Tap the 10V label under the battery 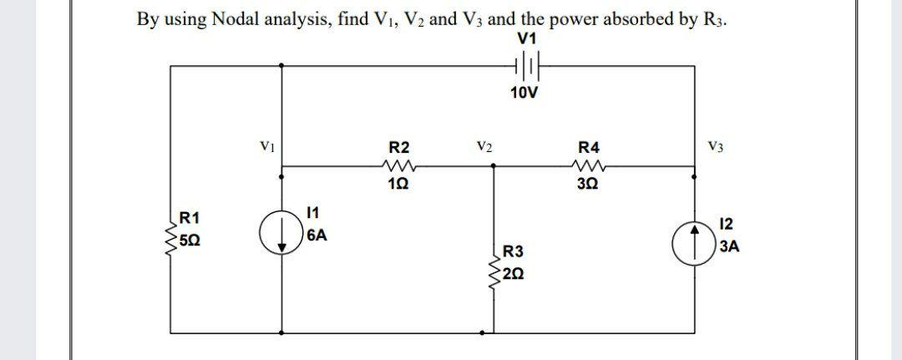[524, 91]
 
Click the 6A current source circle [279, 230]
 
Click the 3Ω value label [588, 185]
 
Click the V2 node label [484, 145]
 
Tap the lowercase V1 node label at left [266, 145]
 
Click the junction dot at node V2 [494, 165]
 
